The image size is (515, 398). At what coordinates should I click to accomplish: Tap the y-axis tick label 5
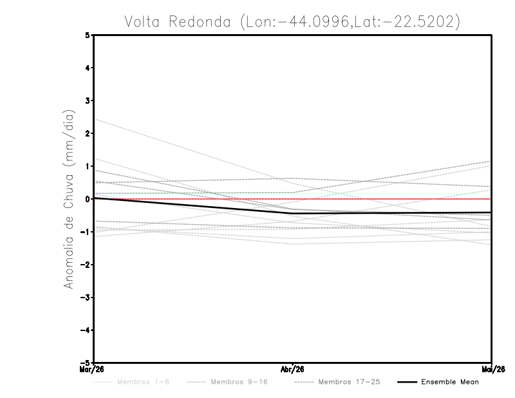88,35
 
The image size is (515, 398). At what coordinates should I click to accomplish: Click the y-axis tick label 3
88,100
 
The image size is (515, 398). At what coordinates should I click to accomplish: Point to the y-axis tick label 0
88,199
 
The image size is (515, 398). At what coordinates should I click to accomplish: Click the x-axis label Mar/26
94,368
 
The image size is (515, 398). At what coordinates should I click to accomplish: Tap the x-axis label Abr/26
293,368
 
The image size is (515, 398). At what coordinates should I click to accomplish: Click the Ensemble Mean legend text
449,382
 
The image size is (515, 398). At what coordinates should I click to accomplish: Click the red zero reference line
386,199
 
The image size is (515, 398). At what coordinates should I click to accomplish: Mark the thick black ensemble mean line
193,205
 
